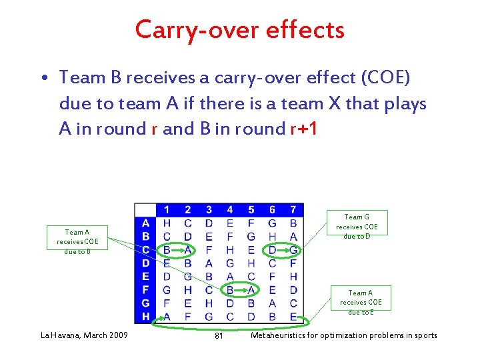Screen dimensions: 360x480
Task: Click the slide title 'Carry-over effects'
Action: pos(240,30)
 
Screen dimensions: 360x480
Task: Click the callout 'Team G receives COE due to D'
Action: pos(357,227)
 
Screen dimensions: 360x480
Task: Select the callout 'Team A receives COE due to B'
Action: pos(77,241)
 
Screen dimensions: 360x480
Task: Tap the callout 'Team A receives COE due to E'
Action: pos(360,302)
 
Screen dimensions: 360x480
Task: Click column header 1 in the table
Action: pos(166,210)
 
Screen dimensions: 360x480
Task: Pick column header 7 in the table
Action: pos(293,210)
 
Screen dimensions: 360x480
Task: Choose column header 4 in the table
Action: pos(230,210)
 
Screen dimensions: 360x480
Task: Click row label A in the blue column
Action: pos(145,223)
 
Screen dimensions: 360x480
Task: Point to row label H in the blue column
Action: pos(145,316)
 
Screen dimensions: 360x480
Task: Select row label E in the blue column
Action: pos(145,277)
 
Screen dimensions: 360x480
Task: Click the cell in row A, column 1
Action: pos(166,223)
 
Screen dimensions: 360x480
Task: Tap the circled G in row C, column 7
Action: pos(293,250)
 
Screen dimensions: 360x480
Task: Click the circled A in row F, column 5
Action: pos(251,290)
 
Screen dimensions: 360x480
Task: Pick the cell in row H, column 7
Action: pos(293,316)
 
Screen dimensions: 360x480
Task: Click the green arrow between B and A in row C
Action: pos(177,250)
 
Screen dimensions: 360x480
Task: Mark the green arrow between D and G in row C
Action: pos(283,250)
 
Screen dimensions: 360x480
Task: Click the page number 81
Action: pos(219,335)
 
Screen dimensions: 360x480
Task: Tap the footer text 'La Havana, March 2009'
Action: pos(85,335)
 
